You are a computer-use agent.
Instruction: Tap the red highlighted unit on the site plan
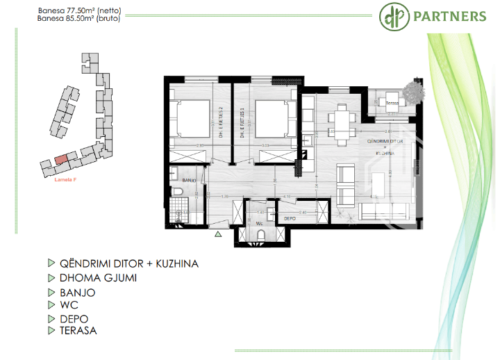pyautogui.click(x=62, y=159)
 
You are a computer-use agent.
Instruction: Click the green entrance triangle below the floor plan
pyautogui.click(x=217, y=235)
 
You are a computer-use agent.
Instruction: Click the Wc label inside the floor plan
pyautogui.click(x=258, y=224)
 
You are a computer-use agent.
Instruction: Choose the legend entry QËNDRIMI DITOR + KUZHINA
pyautogui.click(x=128, y=264)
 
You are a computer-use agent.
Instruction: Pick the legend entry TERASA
pyautogui.click(x=78, y=331)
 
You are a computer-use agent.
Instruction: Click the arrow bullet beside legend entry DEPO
pyautogui.click(x=51, y=319)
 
